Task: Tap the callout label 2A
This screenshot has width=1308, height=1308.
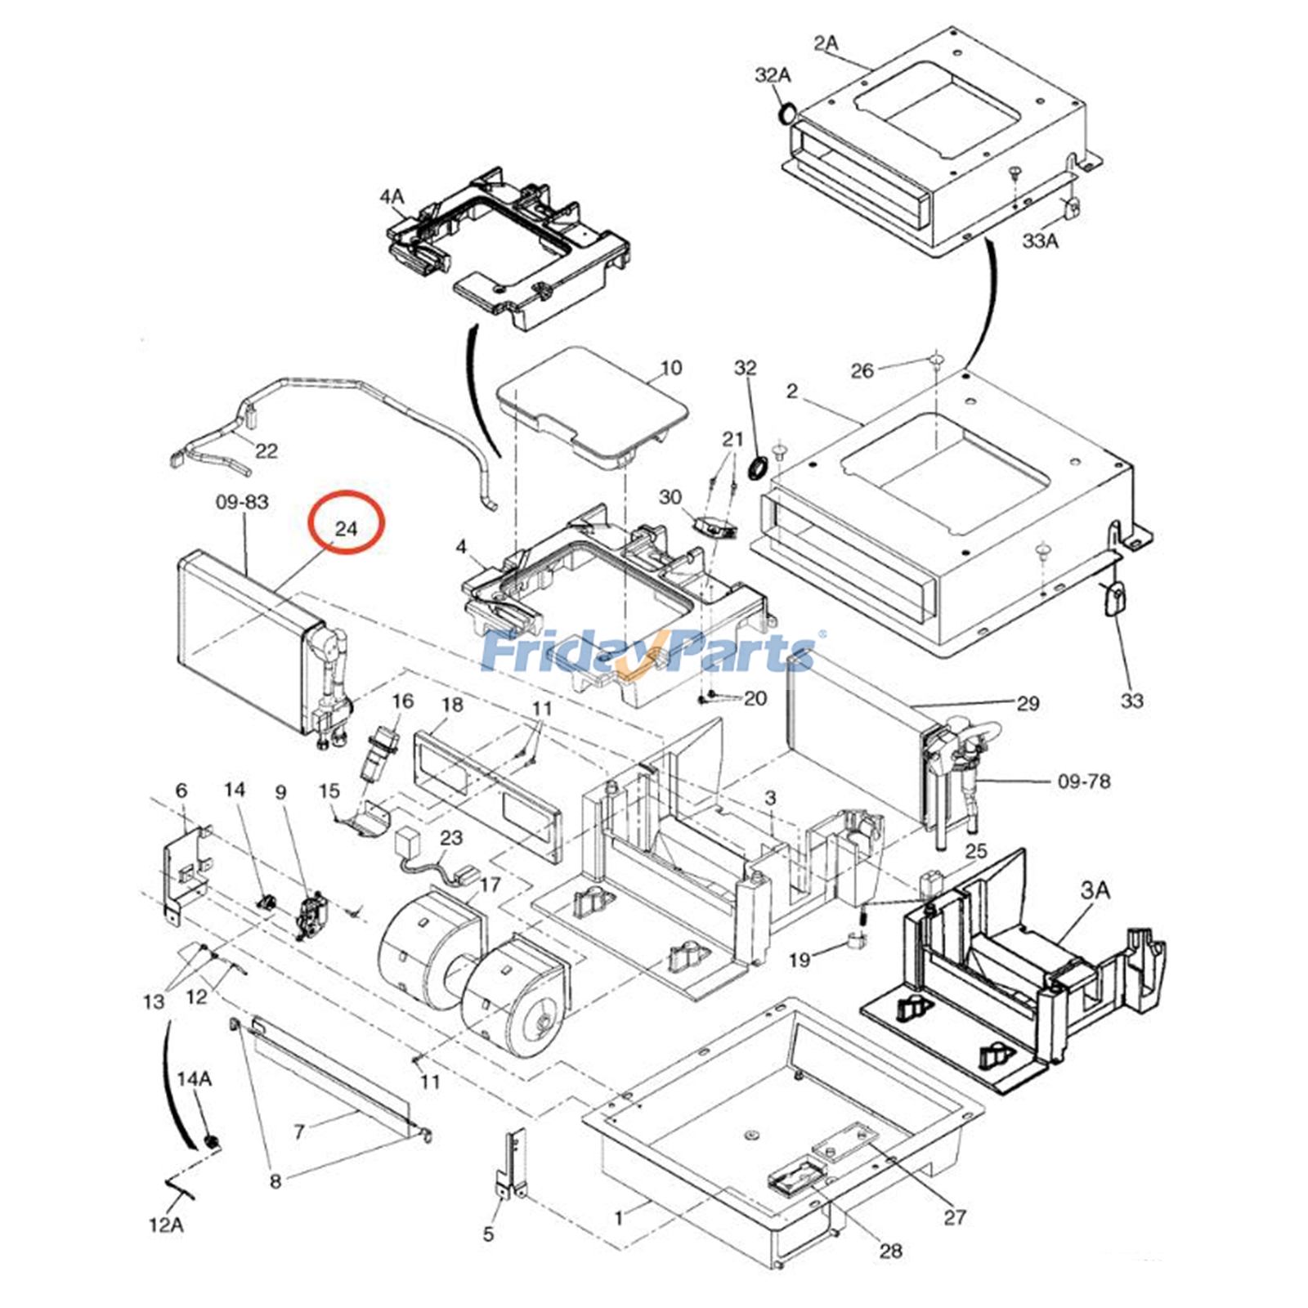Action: [826, 43]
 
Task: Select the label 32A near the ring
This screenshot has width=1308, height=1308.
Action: [773, 75]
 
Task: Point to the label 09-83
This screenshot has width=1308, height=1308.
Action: [242, 501]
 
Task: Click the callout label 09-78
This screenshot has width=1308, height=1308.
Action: [1084, 781]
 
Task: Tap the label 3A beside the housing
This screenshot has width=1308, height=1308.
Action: [1095, 890]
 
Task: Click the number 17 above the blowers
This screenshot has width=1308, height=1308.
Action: [490, 885]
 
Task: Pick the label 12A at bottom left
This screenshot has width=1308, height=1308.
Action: [166, 1225]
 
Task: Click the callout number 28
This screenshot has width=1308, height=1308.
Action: [890, 1250]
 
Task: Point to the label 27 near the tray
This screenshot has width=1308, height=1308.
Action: [955, 1217]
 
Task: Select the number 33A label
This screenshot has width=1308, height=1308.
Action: [1040, 241]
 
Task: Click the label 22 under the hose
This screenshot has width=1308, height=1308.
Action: [267, 450]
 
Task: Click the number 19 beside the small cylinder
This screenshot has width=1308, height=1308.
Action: [800, 959]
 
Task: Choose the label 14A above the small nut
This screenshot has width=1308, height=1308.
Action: [195, 1079]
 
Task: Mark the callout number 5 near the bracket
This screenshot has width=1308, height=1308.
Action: [488, 1234]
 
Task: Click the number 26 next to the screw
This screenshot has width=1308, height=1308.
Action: [862, 371]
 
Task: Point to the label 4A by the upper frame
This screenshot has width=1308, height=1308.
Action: [392, 197]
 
